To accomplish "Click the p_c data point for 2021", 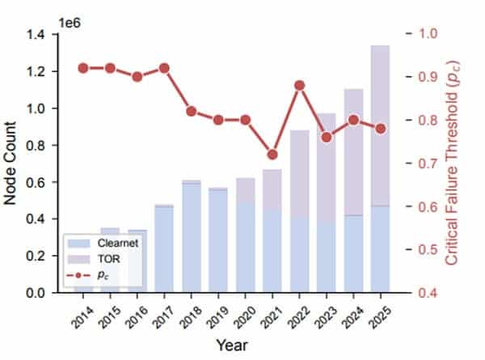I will click(272, 155).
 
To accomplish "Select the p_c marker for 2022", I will click(300, 85).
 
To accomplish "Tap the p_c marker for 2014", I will click(82, 68).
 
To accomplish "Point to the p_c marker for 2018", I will click(192, 111).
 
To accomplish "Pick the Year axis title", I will click(231, 345).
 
